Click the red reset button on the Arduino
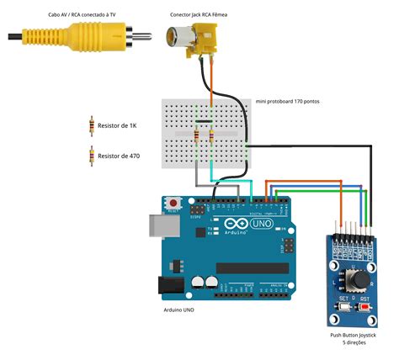point(174,203)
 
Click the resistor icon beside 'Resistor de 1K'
point(91,125)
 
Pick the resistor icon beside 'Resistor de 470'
point(91,156)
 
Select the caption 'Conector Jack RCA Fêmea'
point(198,15)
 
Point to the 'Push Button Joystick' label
point(354,335)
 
